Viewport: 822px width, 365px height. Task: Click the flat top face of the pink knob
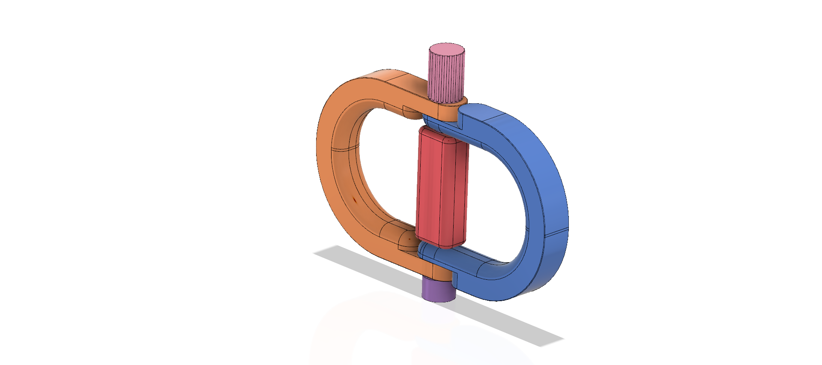[447, 48]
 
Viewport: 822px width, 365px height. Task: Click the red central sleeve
[441, 188]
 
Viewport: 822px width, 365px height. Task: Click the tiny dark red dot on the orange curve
[355, 199]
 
